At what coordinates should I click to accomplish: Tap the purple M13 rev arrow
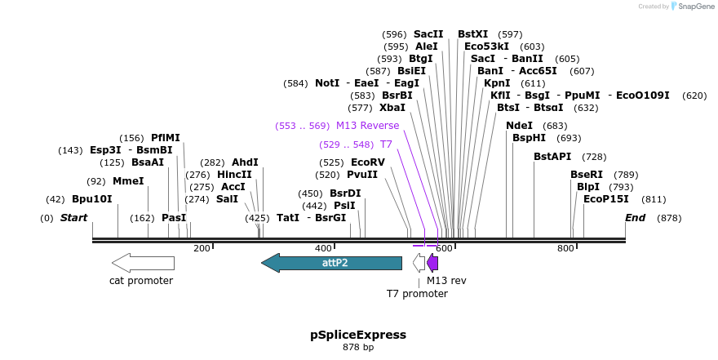[x=432, y=263]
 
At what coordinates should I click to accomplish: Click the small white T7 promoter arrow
[x=419, y=263]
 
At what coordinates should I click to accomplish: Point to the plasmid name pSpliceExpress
[x=358, y=335]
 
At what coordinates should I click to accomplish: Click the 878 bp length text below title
[x=358, y=348]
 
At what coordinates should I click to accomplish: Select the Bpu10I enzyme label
[x=91, y=199]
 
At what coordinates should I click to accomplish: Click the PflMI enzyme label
[x=166, y=138]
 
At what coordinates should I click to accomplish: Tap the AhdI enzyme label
[x=245, y=162]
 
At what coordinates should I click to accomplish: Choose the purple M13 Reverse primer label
[x=367, y=126]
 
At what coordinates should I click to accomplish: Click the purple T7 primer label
[x=386, y=144]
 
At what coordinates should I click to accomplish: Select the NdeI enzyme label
[x=519, y=126]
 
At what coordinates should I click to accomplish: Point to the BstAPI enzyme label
[x=552, y=157]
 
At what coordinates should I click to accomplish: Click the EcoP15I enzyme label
[x=606, y=199]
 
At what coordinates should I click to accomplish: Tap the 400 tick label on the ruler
[x=323, y=248]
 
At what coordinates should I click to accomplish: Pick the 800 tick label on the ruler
[x=565, y=248]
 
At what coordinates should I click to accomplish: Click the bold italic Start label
[x=73, y=218]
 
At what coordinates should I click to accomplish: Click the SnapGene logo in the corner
[x=691, y=7]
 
